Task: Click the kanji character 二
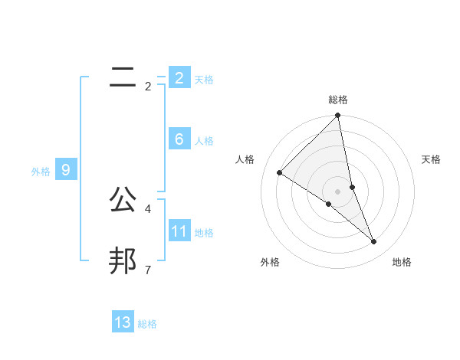[x=123, y=77]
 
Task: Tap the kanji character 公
[x=123, y=199]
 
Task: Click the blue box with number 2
[x=179, y=78]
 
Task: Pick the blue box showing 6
[x=179, y=139]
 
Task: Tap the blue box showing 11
[x=179, y=231]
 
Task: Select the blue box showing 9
[x=66, y=170]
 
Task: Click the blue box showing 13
[x=123, y=322]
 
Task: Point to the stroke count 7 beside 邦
[x=147, y=270]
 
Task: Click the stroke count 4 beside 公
[x=147, y=208]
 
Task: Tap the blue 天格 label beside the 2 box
[x=204, y=80]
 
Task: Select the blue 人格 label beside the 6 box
[x=204, y=141]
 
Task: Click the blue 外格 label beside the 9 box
[x=41, y=172]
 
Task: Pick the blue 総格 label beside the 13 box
[x=147, y=324]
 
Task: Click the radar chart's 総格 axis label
[x=338, y=100]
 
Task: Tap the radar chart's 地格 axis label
[x=402, y=262]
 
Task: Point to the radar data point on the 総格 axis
[x=338, y=116]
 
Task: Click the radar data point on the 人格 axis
[x=280, y=172]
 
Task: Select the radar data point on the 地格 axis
[x=374, y=241]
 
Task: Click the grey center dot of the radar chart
[x=338, y=191]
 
